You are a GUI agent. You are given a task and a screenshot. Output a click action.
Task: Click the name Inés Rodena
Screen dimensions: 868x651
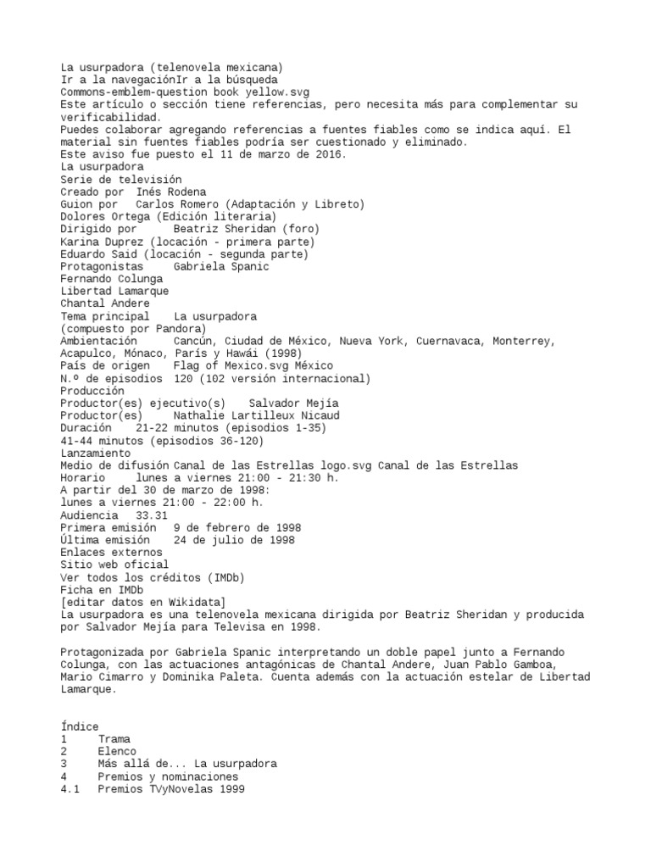pos(171,192)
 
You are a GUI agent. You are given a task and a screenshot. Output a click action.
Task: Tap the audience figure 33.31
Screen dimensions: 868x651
pos(152,515)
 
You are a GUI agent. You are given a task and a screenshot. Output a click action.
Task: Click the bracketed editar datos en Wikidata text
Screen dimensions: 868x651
pos(142,602)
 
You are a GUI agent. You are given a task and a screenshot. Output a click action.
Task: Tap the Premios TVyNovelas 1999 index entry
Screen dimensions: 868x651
pos(170,788)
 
